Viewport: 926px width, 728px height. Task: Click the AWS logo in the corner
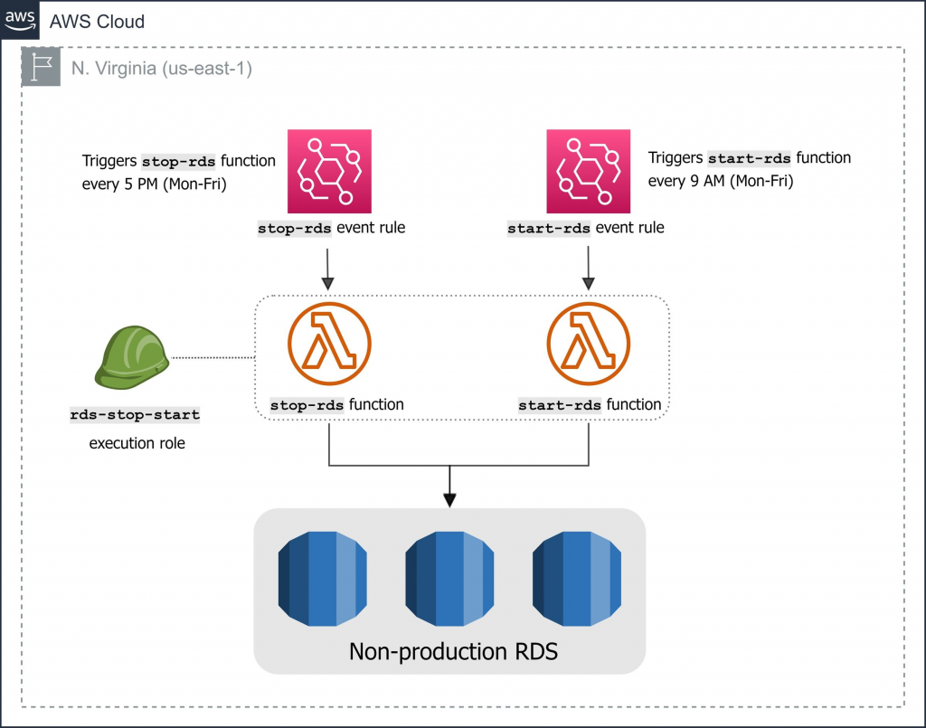coord(19,19)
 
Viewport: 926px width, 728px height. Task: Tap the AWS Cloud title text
coord(97,21)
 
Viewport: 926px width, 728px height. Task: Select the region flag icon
coord(41,66)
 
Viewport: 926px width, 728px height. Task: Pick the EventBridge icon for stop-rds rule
coord(329,171)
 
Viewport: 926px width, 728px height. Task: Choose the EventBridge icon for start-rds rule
coord(588,171)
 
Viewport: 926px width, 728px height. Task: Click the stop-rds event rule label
coord(331,228)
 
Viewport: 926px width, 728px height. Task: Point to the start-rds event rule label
coord(586,228)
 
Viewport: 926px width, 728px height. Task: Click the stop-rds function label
coord(336,405)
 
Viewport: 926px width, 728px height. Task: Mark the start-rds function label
coord(590,405)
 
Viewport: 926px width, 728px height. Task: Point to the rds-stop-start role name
coord(135,415)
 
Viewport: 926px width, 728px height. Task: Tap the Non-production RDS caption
coord(452,652)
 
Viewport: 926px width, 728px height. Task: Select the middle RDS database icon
coord(449,579)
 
